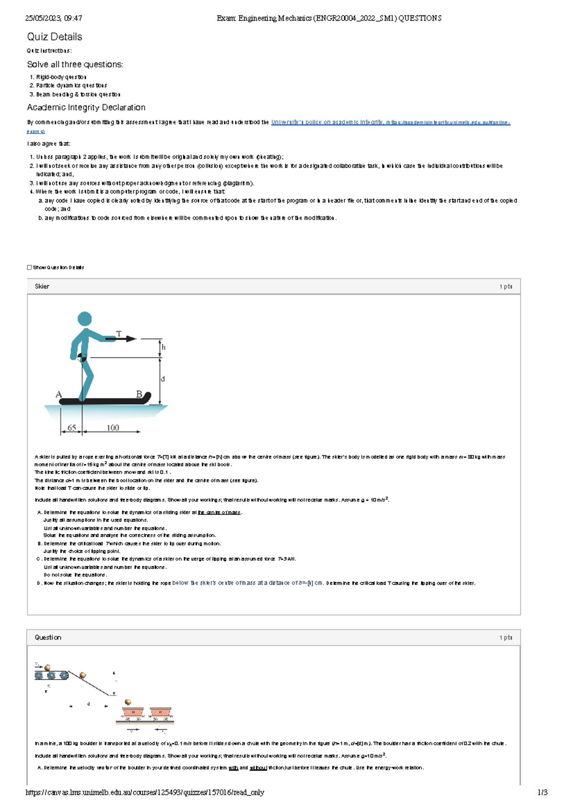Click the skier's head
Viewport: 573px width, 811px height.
pos(85,319)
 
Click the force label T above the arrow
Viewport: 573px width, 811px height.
pos(119,334)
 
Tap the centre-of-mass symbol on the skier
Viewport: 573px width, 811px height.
pos(82,357)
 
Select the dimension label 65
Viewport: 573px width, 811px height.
pos(72,427)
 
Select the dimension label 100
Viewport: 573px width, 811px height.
pos(113,427)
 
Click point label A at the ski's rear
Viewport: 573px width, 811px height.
pos(59,395)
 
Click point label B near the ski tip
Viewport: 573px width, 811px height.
pos(139,394)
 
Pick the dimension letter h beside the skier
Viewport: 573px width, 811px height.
pos(163,347)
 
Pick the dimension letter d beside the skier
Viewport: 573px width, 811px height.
pos(163,379)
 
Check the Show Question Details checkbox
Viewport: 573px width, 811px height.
pos(30,267)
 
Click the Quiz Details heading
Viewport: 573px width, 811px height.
pos(54,37)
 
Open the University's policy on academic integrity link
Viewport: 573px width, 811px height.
pos(327,122)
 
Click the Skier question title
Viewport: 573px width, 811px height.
pos(42,287)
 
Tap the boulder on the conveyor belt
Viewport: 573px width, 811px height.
pos(47,667)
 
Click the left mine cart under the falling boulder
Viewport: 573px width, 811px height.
pos(133,713)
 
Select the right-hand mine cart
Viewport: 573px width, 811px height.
pos(160,713)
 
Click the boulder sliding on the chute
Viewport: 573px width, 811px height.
pos(83,675)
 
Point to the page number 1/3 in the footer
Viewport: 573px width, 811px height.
pos(542,792)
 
